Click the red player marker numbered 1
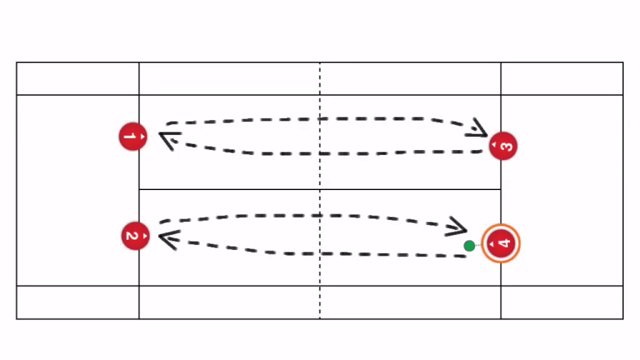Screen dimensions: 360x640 [x=133, y=136]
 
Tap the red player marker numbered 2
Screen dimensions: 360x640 [x=135, y=235]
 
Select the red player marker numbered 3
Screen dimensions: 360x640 [x=503, y=146]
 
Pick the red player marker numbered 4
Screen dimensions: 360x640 [x=501, y=243]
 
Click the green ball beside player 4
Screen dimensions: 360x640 [x=469, y=245]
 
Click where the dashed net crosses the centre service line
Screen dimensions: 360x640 [x=320, y=189]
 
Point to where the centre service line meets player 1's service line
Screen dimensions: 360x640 [x=139, y=189]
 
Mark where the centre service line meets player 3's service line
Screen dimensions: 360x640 [x=501, y=189]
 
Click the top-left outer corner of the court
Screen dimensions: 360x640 [x=16, y=62]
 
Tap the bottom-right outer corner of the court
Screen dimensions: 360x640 [x=623, y=319]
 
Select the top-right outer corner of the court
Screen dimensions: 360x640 [x=623, y=62]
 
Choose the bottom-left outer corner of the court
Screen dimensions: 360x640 [x=16, y=319]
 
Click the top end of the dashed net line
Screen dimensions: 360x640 [x=320, y=63]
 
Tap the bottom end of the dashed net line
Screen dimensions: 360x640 [x=320, y=318]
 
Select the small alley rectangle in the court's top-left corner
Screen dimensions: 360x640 [x=77, y=78]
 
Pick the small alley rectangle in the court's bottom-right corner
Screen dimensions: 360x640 [x=562, y=302]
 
